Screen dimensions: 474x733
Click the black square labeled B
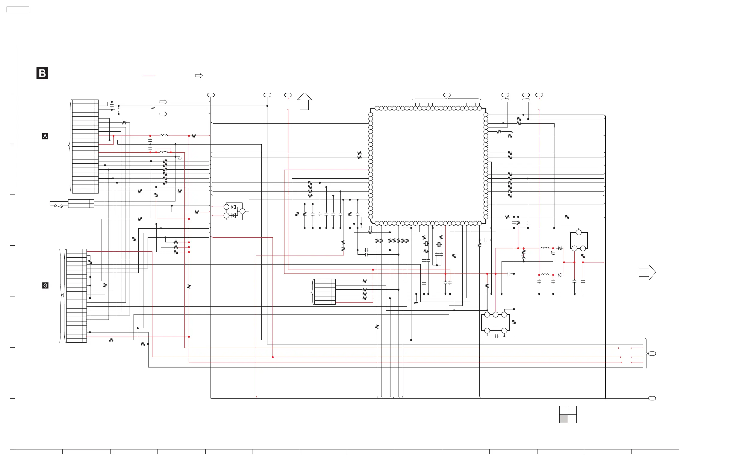pyautogui.click(x=42, y=73)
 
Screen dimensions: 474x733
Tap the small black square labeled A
pyautogui.click(x=45, y=136)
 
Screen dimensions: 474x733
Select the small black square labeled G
pyautogui.click(x=45, y=285)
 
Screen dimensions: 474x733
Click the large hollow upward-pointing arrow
pyautogui.click(x=304, y=101)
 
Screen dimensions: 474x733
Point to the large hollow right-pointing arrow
pyautogui.click(x=647, y=272)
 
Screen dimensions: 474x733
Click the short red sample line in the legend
pyautogui.click(x=149, y=76)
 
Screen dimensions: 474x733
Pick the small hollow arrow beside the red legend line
pyautogui.click(x=199, y=76)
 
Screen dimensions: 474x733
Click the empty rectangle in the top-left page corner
pyautogui.click(x=18, y=10)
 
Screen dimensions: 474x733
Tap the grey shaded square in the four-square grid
pyautogui.click(x=563, y=419)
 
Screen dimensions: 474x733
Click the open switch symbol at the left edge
pyautogui.click(x=58, y=205)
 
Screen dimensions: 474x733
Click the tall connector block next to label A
pyautogui.click(x=85, y=147)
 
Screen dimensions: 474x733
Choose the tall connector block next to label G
pyautogui.click(x=76, y=295)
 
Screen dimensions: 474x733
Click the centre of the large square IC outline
pyautogui.click(x=428, y=165)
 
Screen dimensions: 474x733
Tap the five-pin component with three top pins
pyautogui.click(x=495, y=323)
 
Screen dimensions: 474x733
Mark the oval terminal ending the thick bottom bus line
pyautogui.click(x=652, y=398)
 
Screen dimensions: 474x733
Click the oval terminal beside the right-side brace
pyautogui.click(x=652, y=354)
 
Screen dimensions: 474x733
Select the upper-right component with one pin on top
pyautogui.click(x=578, y=240)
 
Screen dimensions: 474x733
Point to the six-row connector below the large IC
pyautogui.click(x=325, y=292)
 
